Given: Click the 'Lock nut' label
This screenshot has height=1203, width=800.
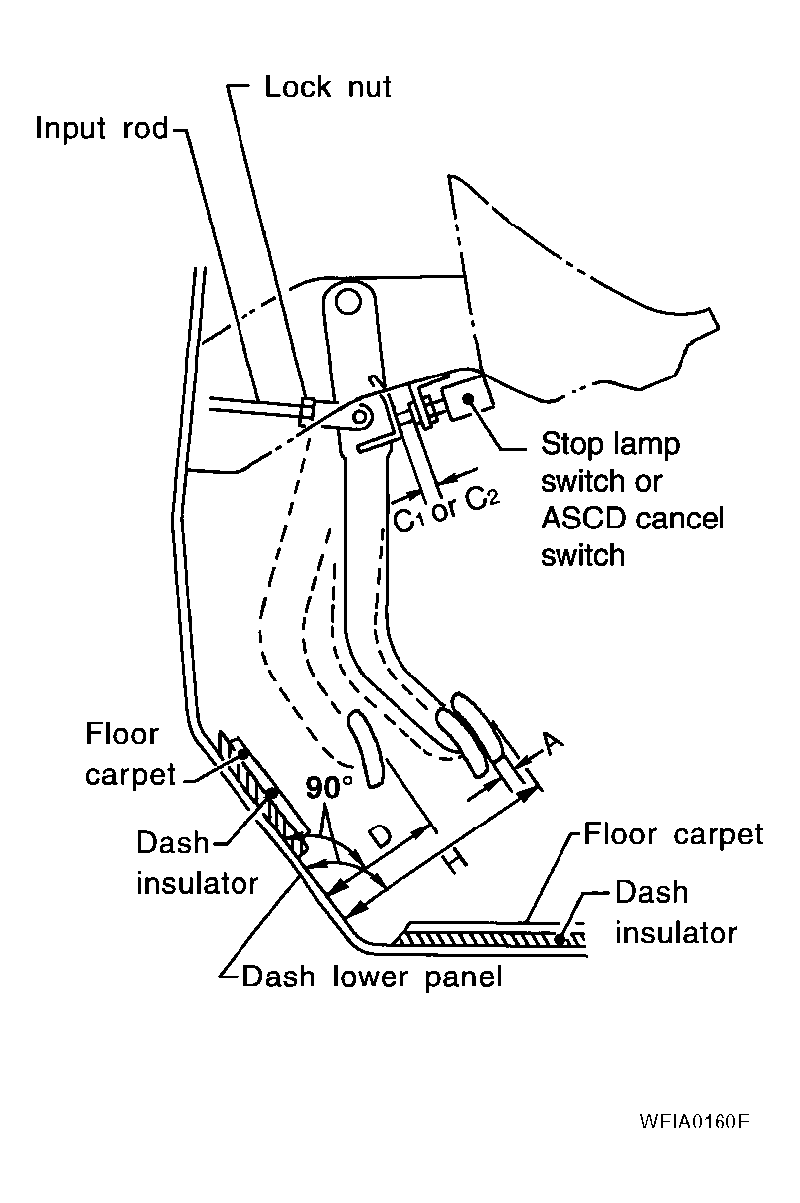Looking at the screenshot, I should click(x=328, y=87).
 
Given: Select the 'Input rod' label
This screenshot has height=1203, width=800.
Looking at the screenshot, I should click(x=101, y=130).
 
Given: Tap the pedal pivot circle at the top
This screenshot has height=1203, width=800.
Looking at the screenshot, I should click(x=345, y=299).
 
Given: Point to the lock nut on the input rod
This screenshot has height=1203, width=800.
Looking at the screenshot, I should click(x=308, y=409).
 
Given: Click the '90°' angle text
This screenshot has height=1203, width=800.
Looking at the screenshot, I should click(x=328, y=788).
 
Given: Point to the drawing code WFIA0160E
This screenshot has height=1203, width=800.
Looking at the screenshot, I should click(x=695, y=1123).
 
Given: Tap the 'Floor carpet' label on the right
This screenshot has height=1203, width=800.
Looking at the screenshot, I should click(x=673, y=834).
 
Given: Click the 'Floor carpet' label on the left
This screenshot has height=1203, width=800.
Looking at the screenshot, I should click(x=122, y=754).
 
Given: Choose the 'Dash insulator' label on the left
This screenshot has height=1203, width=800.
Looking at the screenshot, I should click(x=197, y=861).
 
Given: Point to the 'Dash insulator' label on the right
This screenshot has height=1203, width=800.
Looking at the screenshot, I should click(x=676, y=911).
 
